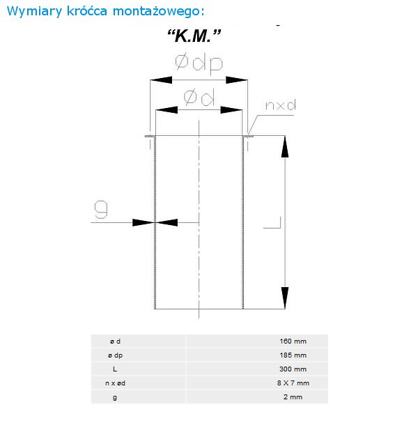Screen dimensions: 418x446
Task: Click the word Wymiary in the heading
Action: [x=34, y=11]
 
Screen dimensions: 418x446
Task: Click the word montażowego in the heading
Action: [x=158, y=11]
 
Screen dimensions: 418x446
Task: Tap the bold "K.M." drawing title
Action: [x=194, y=36]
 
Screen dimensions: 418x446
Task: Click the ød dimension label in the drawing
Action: [x=199, y=97]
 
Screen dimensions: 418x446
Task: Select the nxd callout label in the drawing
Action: [x=280, y=105]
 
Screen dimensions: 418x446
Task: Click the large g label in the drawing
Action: [x=101, y=209]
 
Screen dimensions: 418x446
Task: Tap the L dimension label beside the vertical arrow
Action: [x=272, y=222]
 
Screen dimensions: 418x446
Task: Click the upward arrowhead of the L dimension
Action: [x=285, y=146]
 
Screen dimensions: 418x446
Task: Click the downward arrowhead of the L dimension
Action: [x=285, y=298]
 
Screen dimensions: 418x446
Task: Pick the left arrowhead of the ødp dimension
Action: [x=161, y=80]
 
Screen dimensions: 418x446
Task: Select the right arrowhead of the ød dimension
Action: [x=231, y=110]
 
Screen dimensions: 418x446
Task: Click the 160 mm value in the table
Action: [x=293, y=341]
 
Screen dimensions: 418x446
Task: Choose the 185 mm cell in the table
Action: [x=293, y=355]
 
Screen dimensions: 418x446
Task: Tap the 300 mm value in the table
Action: [x=293, y=369]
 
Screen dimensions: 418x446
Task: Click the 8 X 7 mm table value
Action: [x=293, y=383]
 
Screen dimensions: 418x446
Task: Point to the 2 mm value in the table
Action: [x=293, y=397]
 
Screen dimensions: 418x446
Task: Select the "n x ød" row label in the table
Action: [x=115, y=383]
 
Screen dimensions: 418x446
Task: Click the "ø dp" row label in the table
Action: [x=115, y=355]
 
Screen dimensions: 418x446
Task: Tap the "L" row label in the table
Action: [x=115, y=369]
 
